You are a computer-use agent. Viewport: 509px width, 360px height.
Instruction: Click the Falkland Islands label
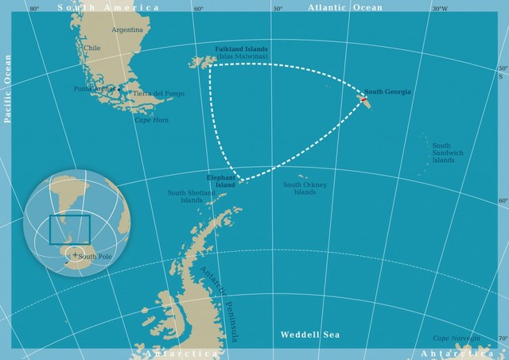[241, 49]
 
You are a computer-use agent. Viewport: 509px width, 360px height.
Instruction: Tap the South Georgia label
[388, 92]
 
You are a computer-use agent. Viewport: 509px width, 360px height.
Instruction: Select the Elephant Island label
[221, 181]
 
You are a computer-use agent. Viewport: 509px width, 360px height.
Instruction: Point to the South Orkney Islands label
[299, 188]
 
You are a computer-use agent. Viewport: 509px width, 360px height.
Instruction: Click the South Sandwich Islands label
[442, 153]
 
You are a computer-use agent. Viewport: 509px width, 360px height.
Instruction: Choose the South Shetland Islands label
[191, 195]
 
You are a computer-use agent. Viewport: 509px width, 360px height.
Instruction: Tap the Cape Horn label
[152, 120]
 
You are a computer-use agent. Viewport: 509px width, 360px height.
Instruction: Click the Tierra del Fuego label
[159, 94]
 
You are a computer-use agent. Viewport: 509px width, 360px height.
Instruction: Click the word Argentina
[127, 29]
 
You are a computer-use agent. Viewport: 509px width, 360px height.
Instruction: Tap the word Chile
[92, 48]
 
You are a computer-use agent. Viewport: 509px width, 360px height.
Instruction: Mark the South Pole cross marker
[74, 256]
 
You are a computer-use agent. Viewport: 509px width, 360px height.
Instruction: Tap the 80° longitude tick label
[33, 10]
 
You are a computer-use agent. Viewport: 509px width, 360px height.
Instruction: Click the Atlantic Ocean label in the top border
[344, 7]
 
